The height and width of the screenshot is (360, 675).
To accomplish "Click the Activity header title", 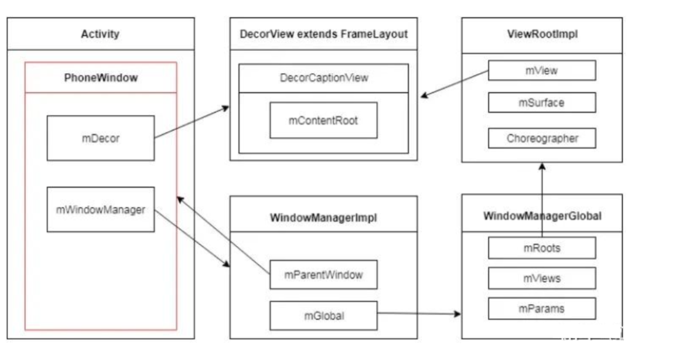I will tap(100, 34).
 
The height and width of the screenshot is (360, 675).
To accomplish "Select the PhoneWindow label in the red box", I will tap(101, 78).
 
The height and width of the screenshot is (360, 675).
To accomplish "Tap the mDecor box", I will tap(100, 138).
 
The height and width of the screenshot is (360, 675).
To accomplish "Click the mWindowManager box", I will tap(100, 209).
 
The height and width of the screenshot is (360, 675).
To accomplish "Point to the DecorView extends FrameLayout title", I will tap(323, 34).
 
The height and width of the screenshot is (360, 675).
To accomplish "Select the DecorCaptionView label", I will tap(323, 78).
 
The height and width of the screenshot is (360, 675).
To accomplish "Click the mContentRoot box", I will tap(323, 120).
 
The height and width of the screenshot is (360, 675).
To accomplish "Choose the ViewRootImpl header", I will tap(542, 34).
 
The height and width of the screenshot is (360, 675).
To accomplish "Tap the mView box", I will tap(542, 71).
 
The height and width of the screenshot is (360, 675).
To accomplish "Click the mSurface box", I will tap(542, 103).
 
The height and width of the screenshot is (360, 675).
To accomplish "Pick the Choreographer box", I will tap(542, 138).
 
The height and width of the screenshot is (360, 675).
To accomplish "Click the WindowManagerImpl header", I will tap(323, 218).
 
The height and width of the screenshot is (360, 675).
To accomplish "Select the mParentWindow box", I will tap(323, 275).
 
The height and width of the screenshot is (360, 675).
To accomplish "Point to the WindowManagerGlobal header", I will tap(542, 216).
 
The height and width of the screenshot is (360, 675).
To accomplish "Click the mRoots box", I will tap(542, 248).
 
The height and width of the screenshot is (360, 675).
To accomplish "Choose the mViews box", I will tap(542, 278).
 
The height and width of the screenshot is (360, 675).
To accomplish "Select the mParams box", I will tap(542, 308).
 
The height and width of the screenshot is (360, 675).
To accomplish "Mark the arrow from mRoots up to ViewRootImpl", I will tap(542, 200).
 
